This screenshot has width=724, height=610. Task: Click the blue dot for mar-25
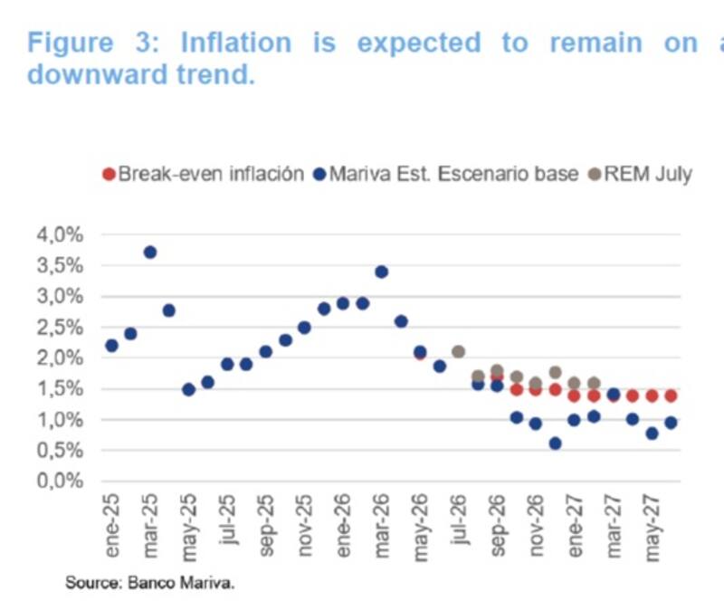click(x=150, y=253)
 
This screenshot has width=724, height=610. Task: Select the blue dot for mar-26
click(x=381, y=272)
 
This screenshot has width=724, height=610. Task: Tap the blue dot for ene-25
click(x=111, y=346)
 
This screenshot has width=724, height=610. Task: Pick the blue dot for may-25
click(x=188, y=390)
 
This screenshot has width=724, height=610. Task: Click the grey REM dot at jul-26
click(x=458, y=352)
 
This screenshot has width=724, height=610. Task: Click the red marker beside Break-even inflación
click(x=109, y=175)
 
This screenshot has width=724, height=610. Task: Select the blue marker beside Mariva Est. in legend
click(x=319, y=175)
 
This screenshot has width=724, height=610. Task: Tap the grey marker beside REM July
click(x=595, y=175)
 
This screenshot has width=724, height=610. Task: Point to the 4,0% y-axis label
click(x=60, y=234)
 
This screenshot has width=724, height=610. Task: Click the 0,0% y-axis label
click(x=60, y=481)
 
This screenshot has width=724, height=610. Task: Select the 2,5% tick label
click(x=60, y=328)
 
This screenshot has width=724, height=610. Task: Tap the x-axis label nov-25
click(x=305, y=526)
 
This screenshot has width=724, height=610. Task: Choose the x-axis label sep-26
click(x=497, y=526)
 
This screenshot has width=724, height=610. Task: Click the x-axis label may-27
click(x=652, y=528)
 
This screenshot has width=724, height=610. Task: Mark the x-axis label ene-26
click(x=343, y=526)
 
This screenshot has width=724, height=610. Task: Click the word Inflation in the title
click(x=236, y=43)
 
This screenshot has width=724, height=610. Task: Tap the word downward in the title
click(x=97, y=74)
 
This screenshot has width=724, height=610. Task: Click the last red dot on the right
click(x=671, y=396)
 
